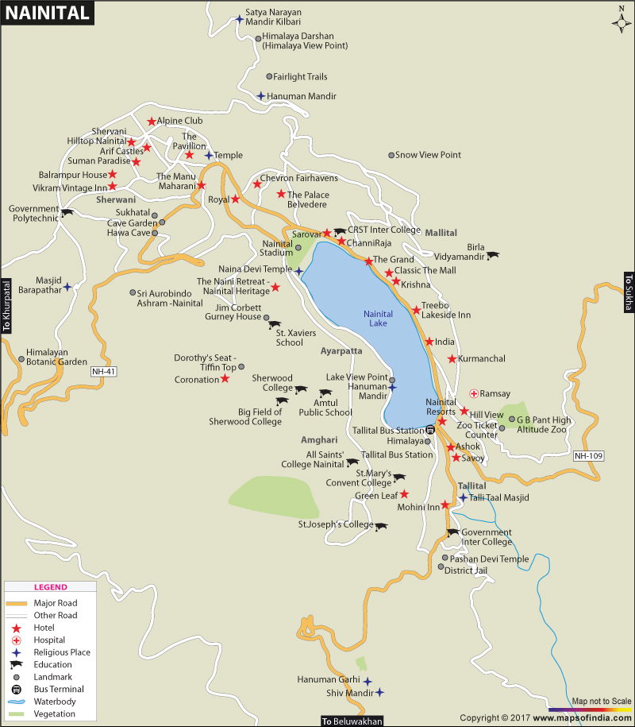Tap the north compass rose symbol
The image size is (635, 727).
pos(621,21)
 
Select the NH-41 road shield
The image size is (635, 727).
pos(103,371)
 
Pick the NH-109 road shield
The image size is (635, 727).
pos(588,456)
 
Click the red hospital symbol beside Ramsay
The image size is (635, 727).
pos(473,393)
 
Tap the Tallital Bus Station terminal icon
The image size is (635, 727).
pos(429,430)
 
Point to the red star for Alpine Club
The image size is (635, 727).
pos(151,122)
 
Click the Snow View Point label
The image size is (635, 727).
pos(428,155)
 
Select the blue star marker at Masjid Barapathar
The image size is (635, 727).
pos(67,286)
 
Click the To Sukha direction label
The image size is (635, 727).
pos(627,292)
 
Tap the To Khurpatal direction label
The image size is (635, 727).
pos(7,306)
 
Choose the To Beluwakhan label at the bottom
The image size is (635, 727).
pos(352,721)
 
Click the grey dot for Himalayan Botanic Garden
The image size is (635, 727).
pos(21,358)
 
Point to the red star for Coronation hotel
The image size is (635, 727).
pos(225,379)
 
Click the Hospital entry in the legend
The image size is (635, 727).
pos(49,640)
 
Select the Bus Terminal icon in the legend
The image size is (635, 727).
pos(16,689)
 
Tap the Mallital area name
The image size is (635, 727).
pos(441,233)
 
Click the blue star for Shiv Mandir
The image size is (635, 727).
pos(379,693)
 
